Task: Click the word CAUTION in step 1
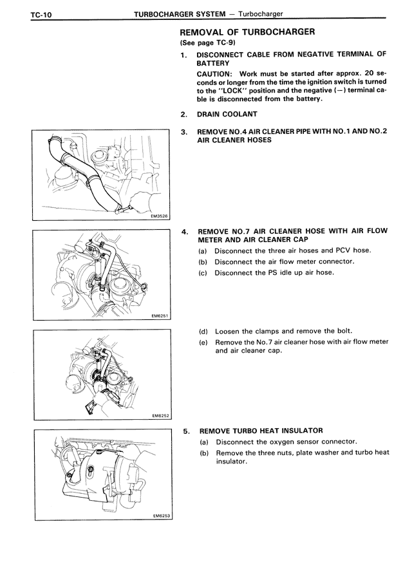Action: tap(216, 74)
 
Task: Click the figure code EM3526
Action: tap(159, 217)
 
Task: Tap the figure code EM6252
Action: tap(159, 416)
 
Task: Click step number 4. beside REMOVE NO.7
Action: tap(185, 231)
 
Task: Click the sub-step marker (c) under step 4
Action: tap(203, 272)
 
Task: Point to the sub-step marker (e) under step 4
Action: tap(203, 343)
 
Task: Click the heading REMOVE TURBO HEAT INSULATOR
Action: tap(261, 430)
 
